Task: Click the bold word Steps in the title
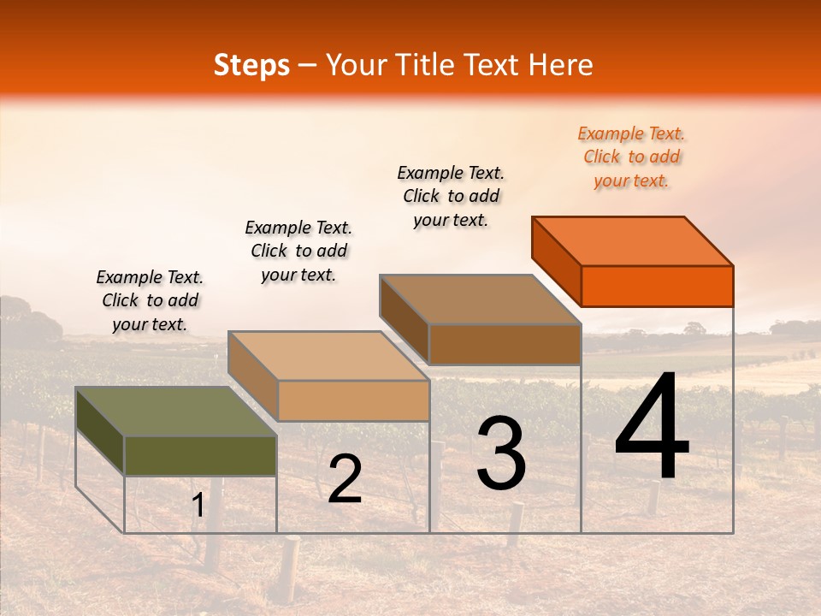[251, 65]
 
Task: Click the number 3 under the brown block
[500, 453]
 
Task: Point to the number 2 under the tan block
[345, 479]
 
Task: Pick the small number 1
[198, 506]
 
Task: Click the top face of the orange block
[633, 240]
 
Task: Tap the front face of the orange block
[657, 286]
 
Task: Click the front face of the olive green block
[200, 455]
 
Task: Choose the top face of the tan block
[328, 355]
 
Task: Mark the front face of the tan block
[353, 400]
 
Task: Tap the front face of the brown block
[505, 344]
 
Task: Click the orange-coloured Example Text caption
[631, 157]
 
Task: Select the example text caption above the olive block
[150, 300]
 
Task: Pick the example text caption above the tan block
[298, 251]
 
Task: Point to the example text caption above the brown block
[451, 196]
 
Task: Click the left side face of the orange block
[556, 261]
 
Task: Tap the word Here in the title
[564, 65]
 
